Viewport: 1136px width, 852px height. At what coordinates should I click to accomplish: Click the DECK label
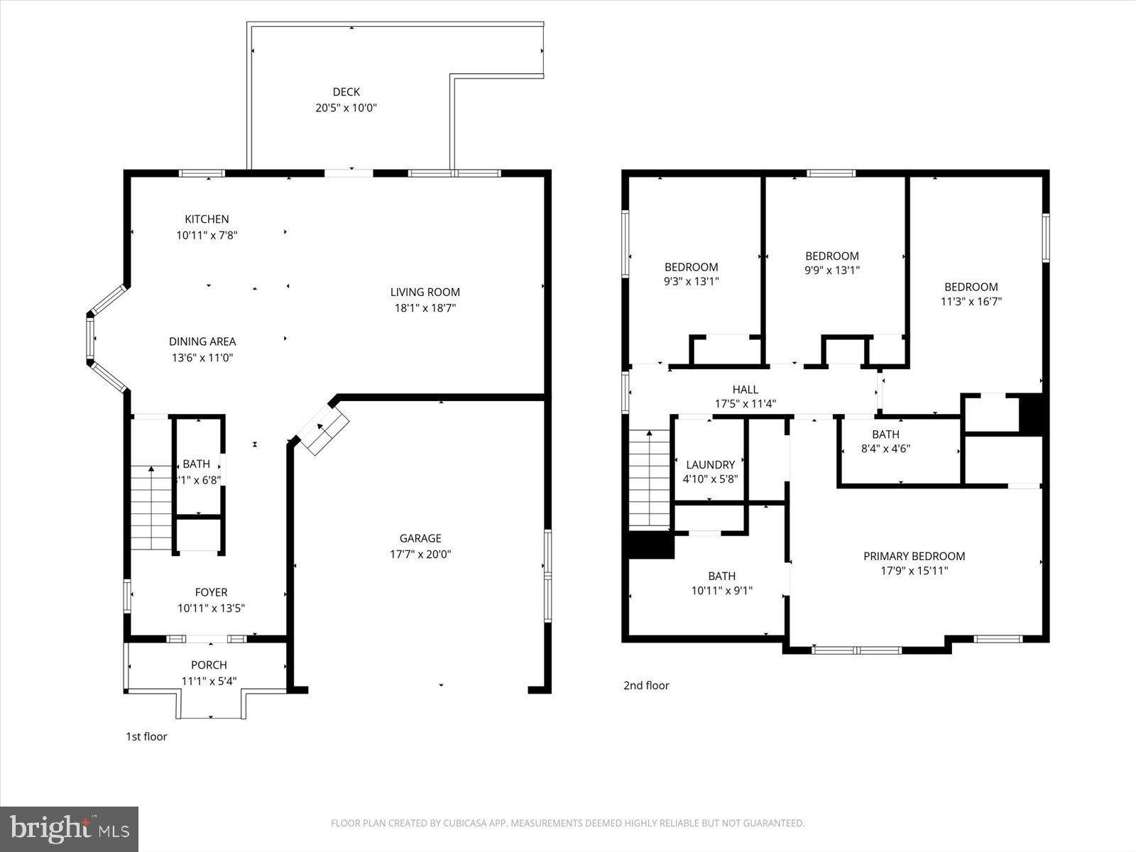[346, 92]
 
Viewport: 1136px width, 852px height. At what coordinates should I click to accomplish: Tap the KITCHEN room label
[207, 219]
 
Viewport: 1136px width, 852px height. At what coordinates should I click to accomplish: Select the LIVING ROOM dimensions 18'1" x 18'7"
[425, 308]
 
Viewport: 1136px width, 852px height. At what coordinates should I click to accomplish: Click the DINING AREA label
[202, 342]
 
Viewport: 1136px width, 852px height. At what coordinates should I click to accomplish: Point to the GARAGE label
[420, 538]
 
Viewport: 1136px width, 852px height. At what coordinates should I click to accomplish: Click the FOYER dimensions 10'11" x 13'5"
[212, 608]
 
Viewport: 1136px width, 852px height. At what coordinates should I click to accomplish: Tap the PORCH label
[209, 665]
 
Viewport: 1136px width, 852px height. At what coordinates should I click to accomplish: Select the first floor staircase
[151, 508]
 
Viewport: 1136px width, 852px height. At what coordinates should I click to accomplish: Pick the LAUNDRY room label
[710, 465]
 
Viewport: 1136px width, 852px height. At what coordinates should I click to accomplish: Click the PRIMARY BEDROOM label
[914, 556]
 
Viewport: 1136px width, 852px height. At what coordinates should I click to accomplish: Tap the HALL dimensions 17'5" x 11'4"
[745, 404]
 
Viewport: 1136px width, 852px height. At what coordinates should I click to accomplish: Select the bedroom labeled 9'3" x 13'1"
[691, 274]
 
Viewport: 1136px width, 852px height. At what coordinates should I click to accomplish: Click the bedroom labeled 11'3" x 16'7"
[971, 294]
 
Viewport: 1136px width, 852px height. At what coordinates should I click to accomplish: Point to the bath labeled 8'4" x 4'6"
[885, 441]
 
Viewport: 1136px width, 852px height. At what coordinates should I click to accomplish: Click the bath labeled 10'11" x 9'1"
[721, 583]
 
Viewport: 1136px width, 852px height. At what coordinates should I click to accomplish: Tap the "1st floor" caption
[146, 736]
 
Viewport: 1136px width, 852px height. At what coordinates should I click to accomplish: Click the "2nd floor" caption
[646, 685]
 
